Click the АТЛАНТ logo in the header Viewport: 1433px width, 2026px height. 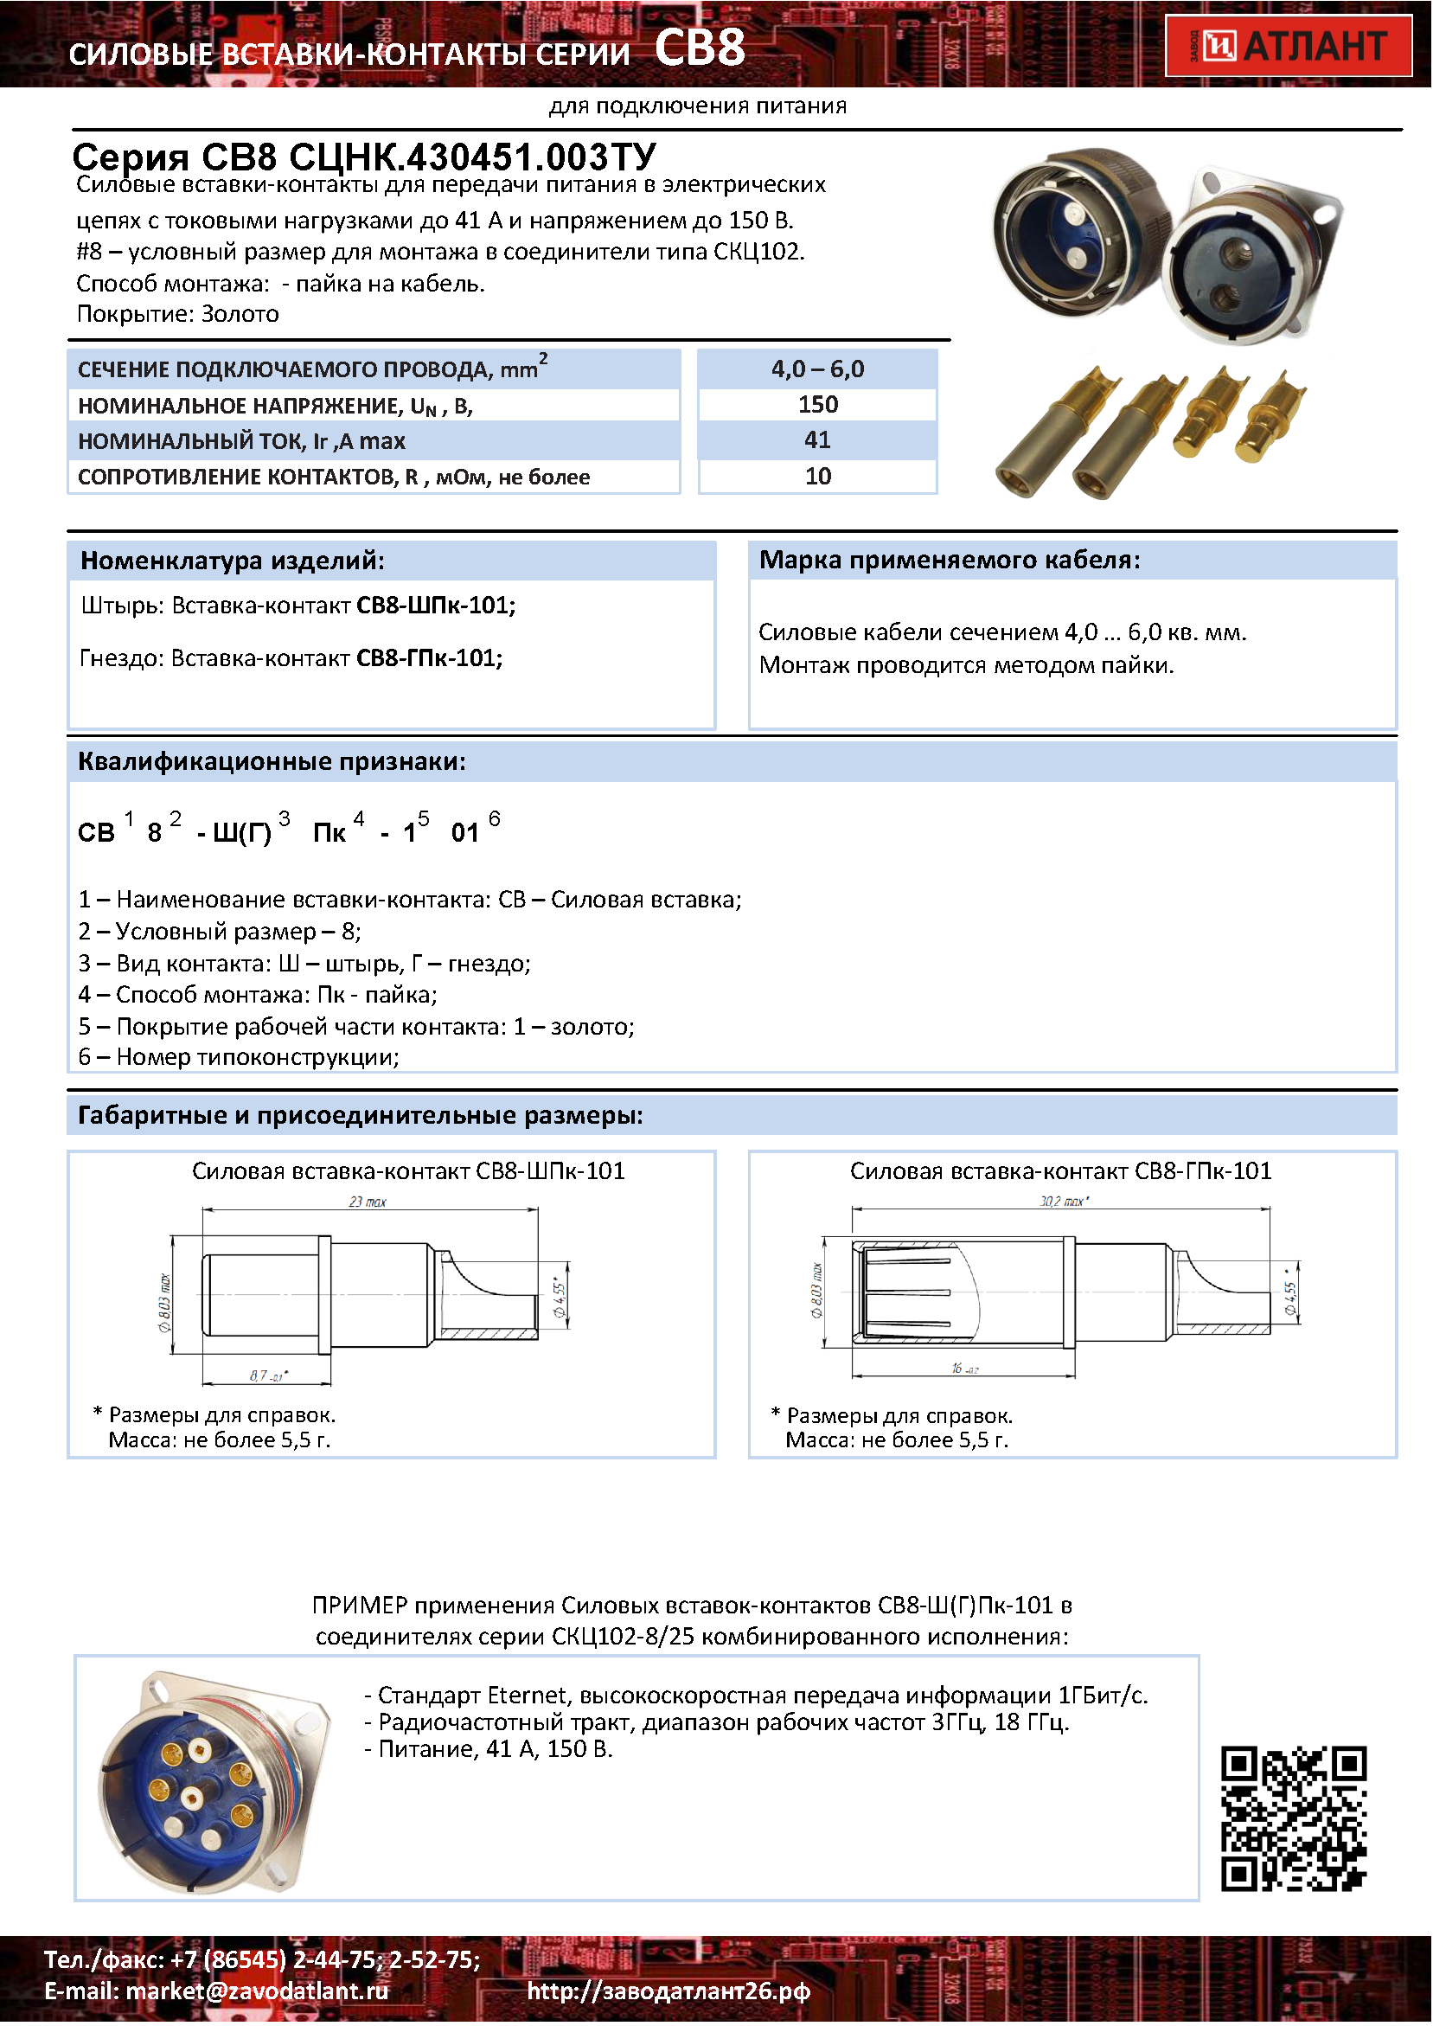pyautogui.click(x=1289, y=46)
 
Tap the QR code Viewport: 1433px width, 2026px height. pyautogui.click(x=1294, y=1819)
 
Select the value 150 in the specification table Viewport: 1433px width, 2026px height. pyautogui.click(x=818, y=405)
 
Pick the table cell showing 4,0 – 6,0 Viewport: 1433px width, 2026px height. pyautogui.click(x=818, y=369)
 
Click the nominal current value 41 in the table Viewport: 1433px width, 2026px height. pyautogui.click(x=818, y=440)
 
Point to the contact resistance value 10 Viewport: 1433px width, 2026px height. pyautogui.click(x=818, y=477)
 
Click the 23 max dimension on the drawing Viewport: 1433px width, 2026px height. pyautogui.click(x=368, y=1202)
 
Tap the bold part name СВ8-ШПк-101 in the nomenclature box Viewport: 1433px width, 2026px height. pyautogui.click(x=436, y=606)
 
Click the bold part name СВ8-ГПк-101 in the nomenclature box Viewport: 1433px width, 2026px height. pyautogui.click(x=430, y=658)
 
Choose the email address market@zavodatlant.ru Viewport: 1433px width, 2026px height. pyautogui.click(x=257, y=1991)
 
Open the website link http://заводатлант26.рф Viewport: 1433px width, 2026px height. pyautogui.click(x=669, y=1991)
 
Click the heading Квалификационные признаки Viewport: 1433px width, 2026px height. pyautogui.click(x=272, y=761)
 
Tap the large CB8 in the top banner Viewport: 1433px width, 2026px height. pyautogui.click(x=701, y=48)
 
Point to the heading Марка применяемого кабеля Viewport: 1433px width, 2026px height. pyautogui.click(x=950, y=561)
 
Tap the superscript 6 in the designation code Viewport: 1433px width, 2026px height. pyautogui.click(x=494, y=819)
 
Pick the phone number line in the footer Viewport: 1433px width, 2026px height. pyautogui.click(x=262, y=1959)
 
